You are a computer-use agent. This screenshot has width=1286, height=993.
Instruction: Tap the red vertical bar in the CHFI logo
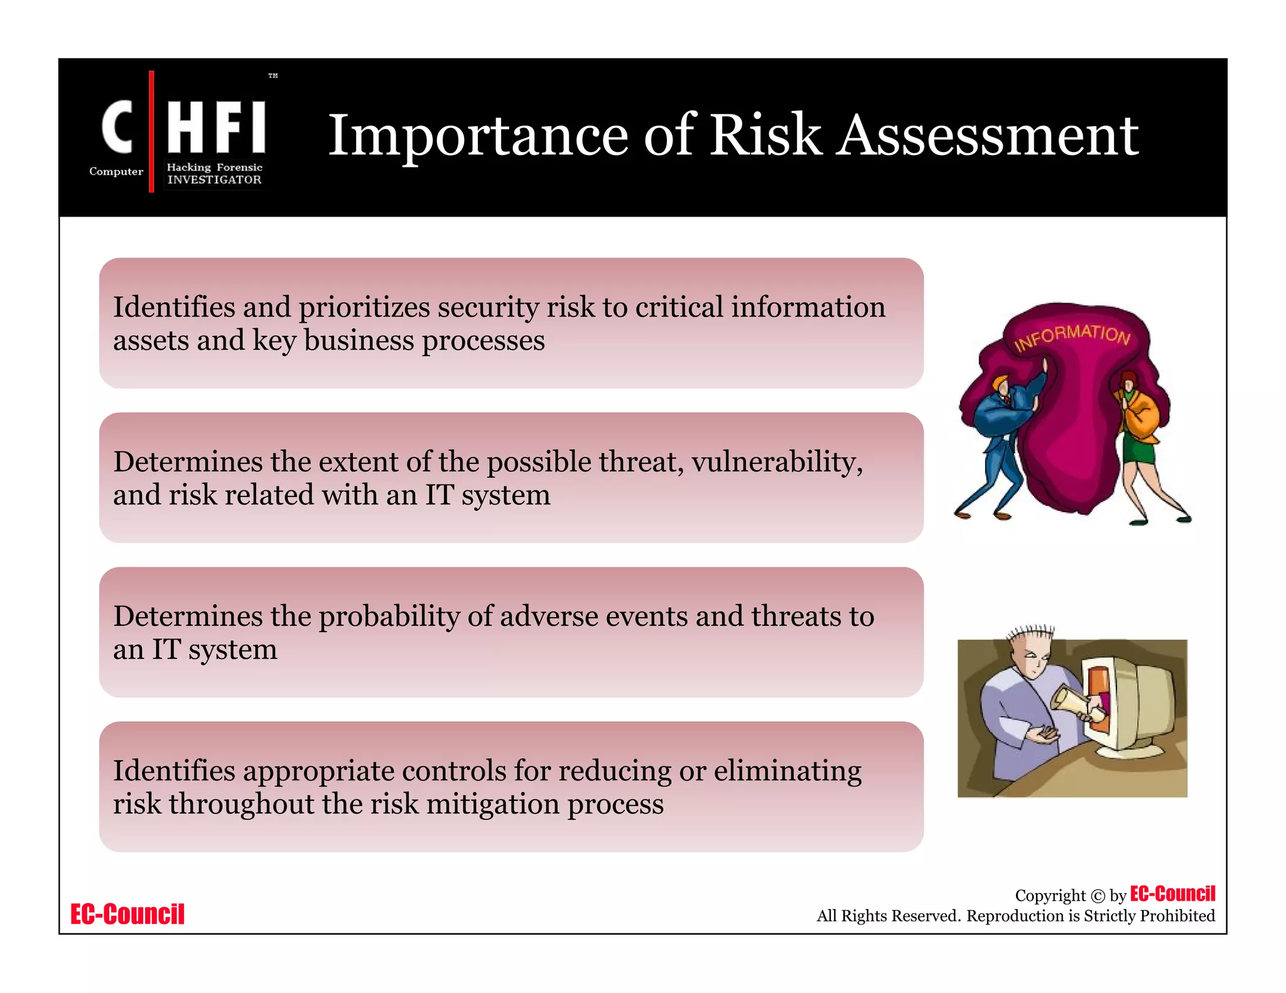tap(151, 131)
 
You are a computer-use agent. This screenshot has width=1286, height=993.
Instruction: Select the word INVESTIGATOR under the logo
tap(214, 180)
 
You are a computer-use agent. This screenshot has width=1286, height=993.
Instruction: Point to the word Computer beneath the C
tap(116, 171)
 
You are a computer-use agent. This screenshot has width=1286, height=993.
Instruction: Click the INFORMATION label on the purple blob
tap(1072, 336)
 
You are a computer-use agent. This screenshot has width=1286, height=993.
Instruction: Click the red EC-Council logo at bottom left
tap(127, 914)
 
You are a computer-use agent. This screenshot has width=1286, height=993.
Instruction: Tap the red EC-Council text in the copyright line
tap(1172, 894)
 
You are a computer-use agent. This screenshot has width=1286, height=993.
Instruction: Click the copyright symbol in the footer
tap(1097, 896)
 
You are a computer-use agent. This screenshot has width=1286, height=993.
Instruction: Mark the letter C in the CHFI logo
tap(117, 127)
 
